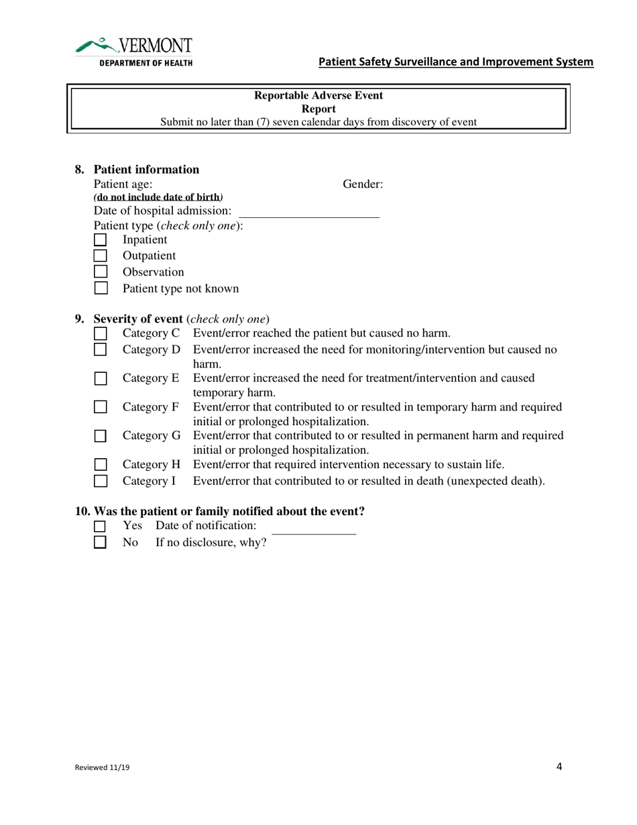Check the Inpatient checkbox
(x=100, y=239)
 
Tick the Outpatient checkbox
(x=100, y=256)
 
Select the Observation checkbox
(x=100, y=272)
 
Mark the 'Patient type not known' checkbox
(x=100, y=288)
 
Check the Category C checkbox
(x=100, y=333)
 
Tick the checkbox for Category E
(x=100, y=378)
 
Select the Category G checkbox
(x=100, y=436)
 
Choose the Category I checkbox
(x=100, y=481)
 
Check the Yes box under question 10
(x=100, y=527)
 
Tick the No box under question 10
(x=100, y=543)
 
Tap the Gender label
(x=363, y=184)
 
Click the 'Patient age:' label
(x=123, y=184)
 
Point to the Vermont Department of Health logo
(x=134, y=52)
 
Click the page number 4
(x=559, y=767)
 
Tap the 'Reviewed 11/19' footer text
(x=102, y=769)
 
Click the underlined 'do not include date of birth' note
(x=158, y=197)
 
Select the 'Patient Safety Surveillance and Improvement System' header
(x=455, y=62)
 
